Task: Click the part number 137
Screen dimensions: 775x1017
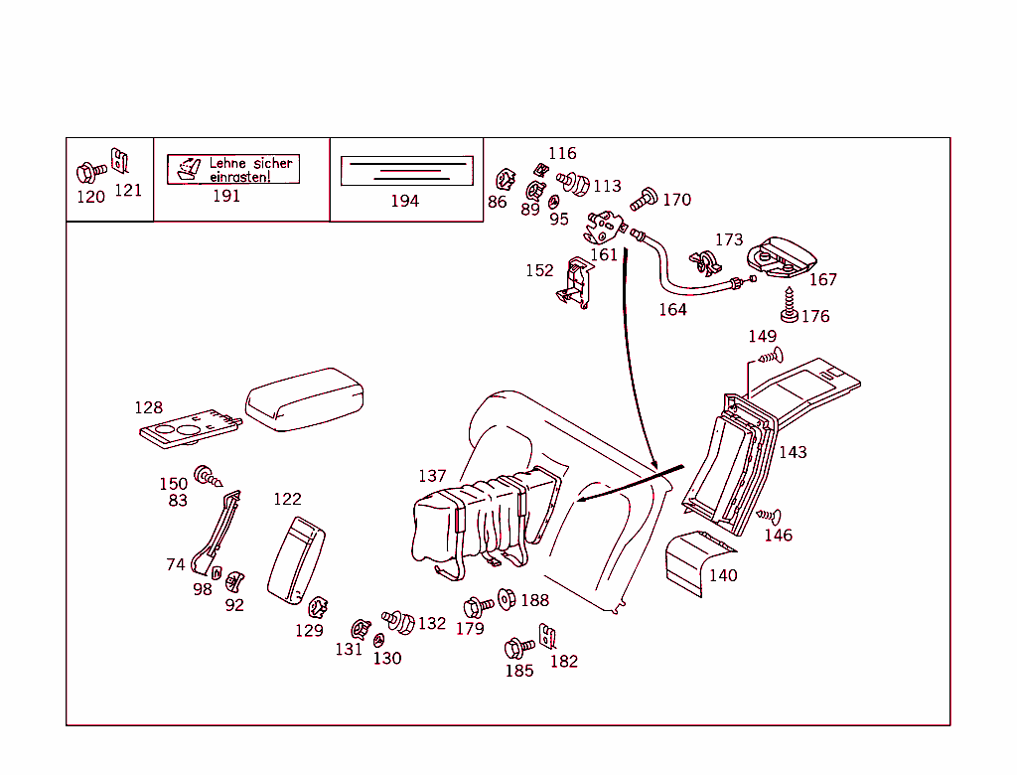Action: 432,476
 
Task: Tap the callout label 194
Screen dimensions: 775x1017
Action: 404,201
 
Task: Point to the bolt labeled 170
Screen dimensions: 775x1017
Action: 642,199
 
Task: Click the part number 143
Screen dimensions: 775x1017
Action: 793,452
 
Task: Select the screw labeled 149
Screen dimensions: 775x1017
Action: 771,355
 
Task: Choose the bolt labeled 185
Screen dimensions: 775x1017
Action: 517,648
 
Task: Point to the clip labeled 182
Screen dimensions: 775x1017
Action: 546,633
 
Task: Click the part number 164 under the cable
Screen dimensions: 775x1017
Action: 672,310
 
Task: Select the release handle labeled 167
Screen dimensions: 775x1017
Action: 782,257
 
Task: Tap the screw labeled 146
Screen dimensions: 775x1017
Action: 770,516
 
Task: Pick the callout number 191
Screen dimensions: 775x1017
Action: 226,196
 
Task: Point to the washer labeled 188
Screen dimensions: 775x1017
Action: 504,599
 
